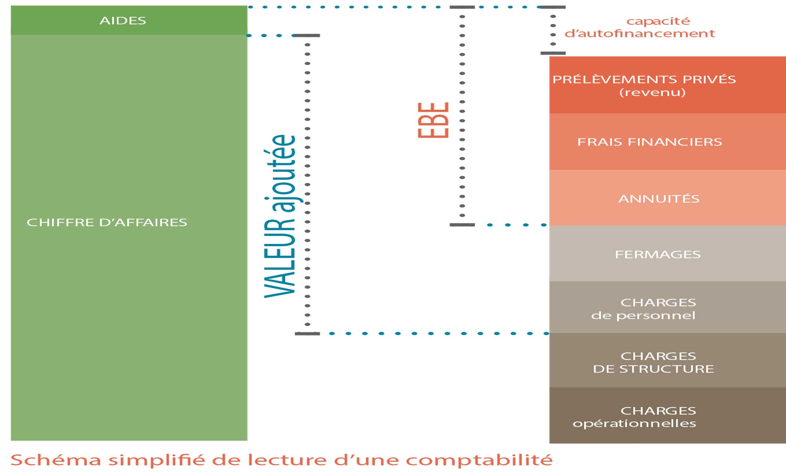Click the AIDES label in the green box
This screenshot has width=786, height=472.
point(123,20)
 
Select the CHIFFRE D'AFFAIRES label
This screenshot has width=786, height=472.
point(107,222)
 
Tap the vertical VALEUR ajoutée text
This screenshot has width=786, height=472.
point(280,216)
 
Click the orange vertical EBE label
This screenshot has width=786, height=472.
point(433,120)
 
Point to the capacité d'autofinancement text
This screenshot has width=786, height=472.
point(640,27)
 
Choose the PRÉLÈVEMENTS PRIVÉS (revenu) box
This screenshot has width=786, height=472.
point(668,85)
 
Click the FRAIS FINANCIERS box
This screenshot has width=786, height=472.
point(668,142)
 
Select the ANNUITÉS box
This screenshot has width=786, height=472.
point(668,198)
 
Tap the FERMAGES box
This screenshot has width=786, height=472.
point(668,254)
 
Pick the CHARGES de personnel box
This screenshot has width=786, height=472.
point(668,308)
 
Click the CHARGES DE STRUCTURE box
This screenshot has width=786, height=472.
point(668,360)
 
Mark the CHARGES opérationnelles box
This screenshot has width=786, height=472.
point(668,415)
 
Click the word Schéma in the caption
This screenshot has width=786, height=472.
point(56,460)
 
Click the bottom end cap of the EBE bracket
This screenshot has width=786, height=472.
point(462,225)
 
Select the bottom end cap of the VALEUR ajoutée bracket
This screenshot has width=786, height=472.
point(307,334)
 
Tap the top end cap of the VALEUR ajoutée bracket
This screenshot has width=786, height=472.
point(307,35)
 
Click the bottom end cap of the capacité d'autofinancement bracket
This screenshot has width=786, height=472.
point(553,53)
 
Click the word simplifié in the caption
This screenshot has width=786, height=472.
point(156,460)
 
